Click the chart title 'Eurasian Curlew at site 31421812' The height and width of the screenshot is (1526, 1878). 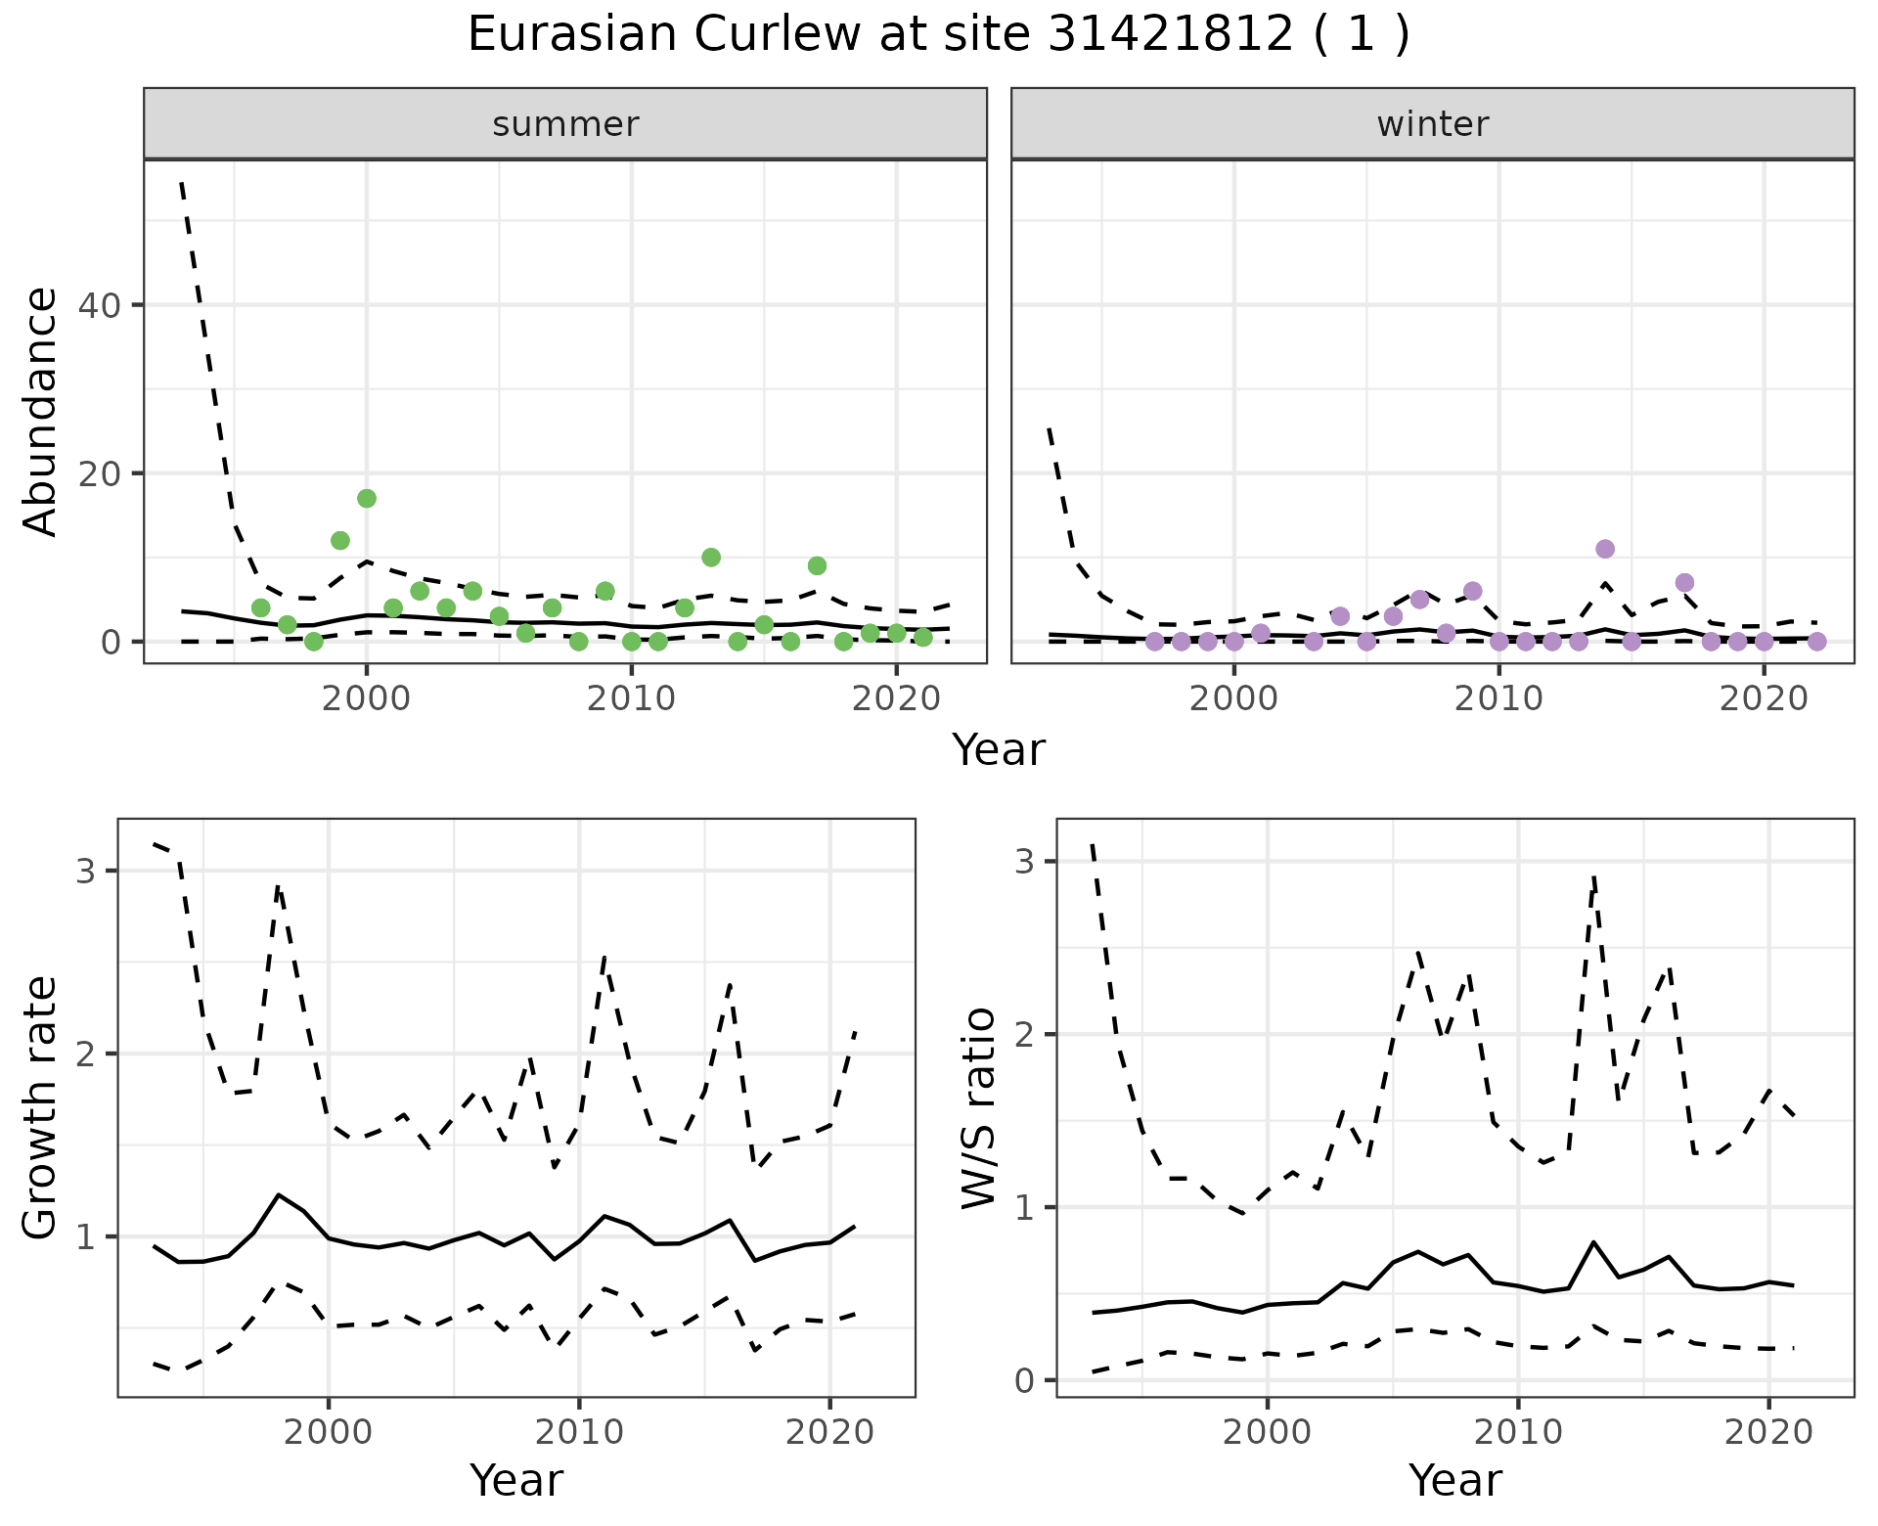click(937, 35)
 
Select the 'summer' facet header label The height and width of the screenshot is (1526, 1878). click(565, 124)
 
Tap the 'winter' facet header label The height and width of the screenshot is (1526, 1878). click(1432, 124)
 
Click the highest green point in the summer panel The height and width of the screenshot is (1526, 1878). click(367, 499)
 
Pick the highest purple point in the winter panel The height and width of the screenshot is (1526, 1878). click(1605, 549)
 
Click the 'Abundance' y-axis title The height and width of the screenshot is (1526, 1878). click(41, 412)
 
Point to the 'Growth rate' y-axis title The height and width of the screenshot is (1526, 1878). click(41, 1108)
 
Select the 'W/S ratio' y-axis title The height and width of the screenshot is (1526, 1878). click(979, 1108)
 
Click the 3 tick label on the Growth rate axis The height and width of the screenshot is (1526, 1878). click(85, 871)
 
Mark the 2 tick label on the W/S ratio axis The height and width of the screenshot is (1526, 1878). click(1024, 1035)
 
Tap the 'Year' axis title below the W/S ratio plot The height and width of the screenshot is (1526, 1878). click(1454, 1481)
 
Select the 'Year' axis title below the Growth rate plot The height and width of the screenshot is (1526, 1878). click(516, 1481)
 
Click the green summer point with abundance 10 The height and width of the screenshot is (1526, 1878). click(711, 558)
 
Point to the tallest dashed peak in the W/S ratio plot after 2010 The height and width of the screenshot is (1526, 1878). click(1594, 877)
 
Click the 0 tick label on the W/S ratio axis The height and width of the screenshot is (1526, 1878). click(1024, 1380)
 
